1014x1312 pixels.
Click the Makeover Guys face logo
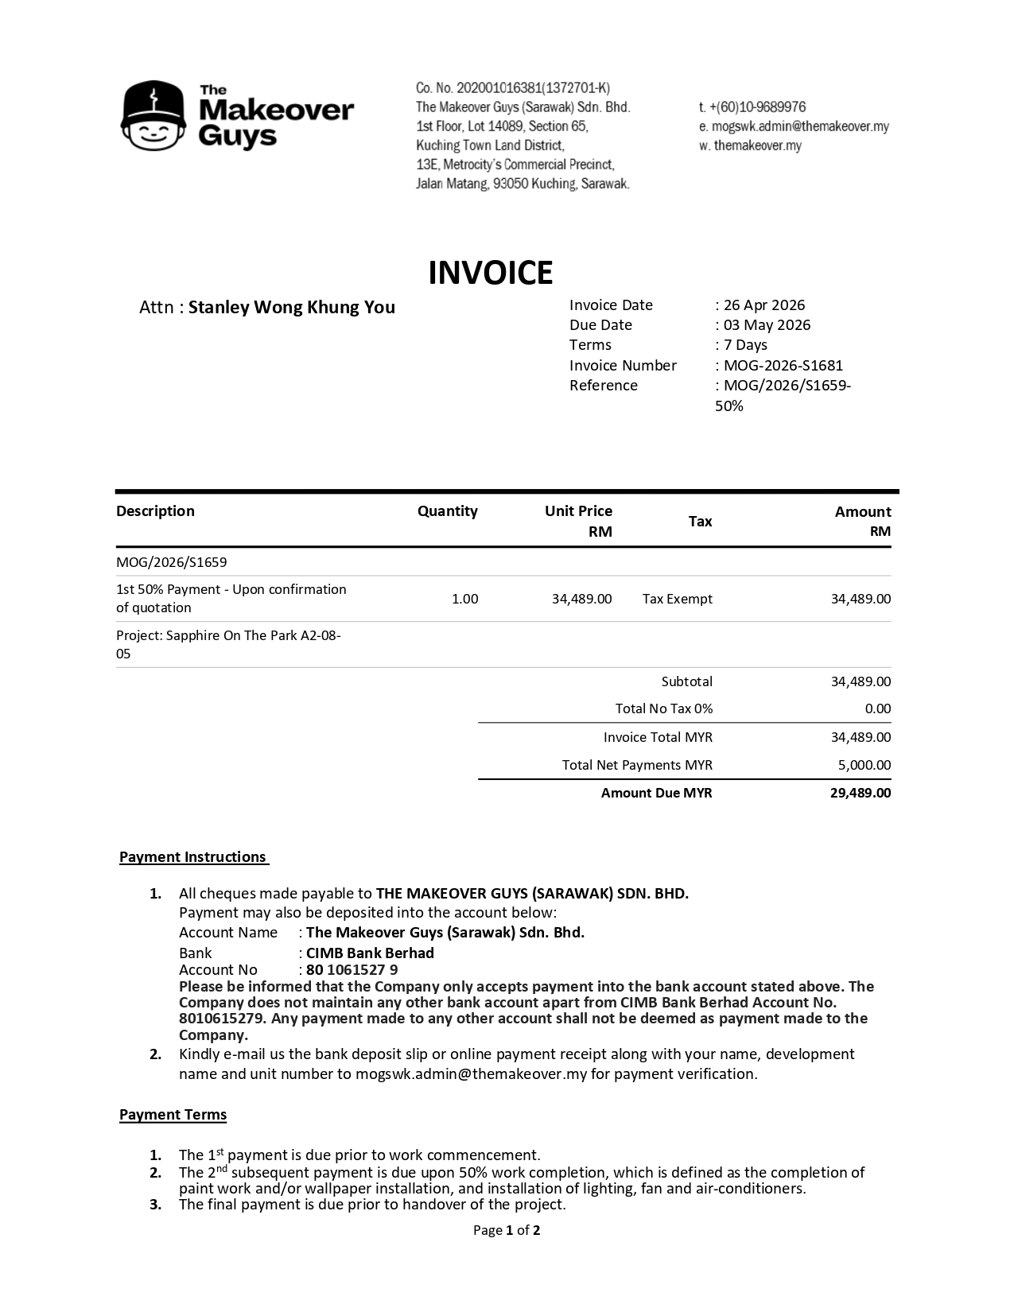[153, 116]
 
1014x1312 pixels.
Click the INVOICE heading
[490, 273]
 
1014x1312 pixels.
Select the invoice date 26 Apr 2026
[763, 305]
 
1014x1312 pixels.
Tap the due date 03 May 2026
[767, 325]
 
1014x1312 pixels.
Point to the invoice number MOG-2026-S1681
[783, 366]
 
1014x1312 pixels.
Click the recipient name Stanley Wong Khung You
[291, 308]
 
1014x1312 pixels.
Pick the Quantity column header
[447, 511]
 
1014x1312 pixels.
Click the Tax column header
[700, 522]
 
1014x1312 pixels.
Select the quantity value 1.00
[464, 599]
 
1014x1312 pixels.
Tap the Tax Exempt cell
[677, 599]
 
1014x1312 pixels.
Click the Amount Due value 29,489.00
[861, 793]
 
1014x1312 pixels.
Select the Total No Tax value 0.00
[877, 708]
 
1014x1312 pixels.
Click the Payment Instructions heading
[193, 857]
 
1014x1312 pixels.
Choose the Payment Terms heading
[173, 1115]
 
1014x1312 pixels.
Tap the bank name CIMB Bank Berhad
[370, 953]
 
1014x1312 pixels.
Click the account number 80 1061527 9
[352, 970]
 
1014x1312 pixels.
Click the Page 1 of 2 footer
[507, 1231]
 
